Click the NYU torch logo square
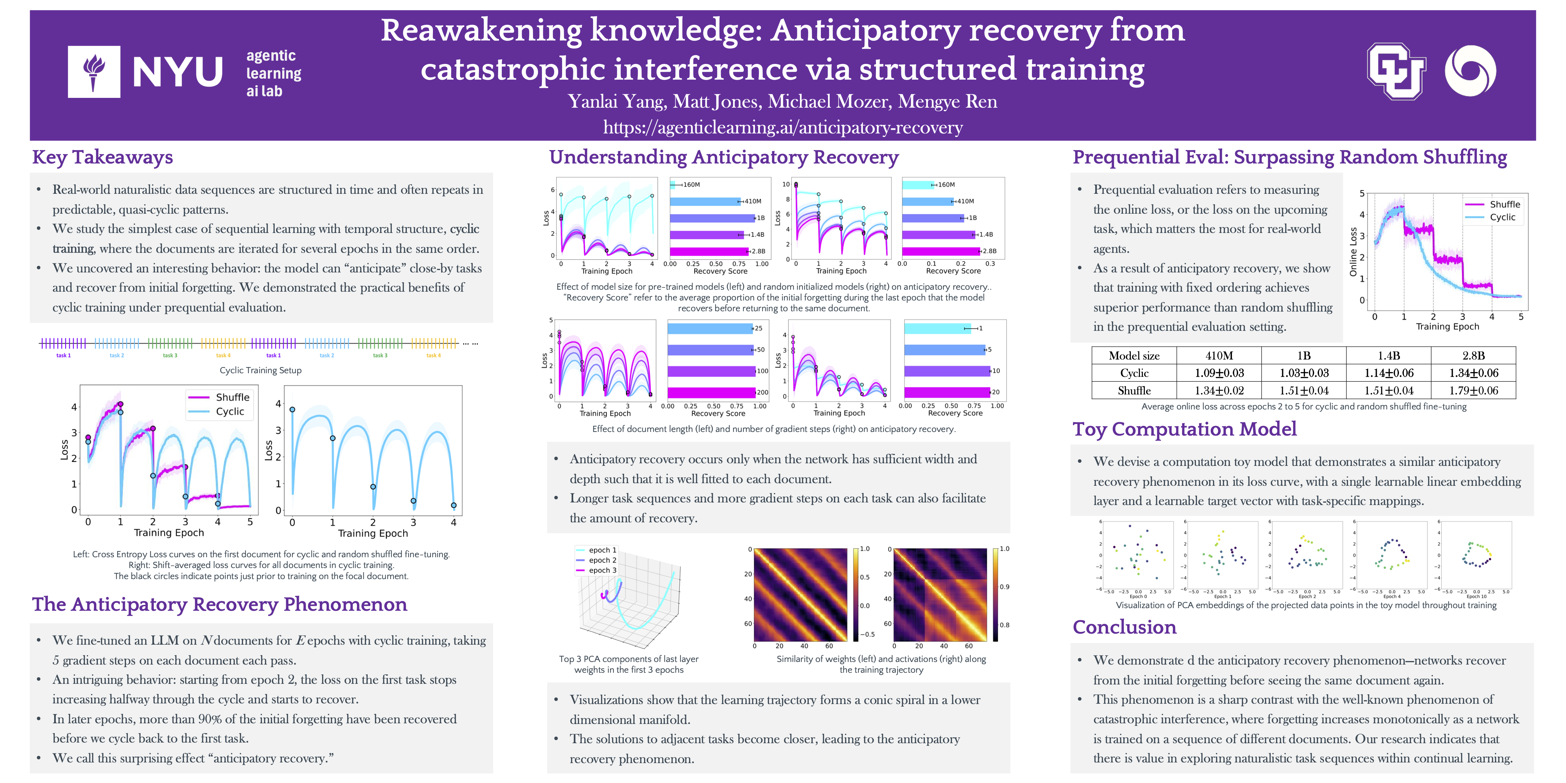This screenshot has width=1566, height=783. (94, 72)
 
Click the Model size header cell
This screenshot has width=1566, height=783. (1134, 356)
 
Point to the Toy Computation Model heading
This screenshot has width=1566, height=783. (1184, 429)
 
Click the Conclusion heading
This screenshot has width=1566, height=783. (1124, 627)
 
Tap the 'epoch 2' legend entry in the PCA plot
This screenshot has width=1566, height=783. (602, 560)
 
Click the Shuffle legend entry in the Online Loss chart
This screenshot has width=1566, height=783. (1504, 204)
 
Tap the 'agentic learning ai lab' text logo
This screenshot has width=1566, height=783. (274, 73)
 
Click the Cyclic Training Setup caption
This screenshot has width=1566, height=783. (260, 370)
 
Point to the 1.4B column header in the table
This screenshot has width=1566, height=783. (1389, 356)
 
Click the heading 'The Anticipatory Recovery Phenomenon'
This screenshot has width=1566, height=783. (220, 604)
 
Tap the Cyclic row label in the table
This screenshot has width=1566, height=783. (1134, 373)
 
